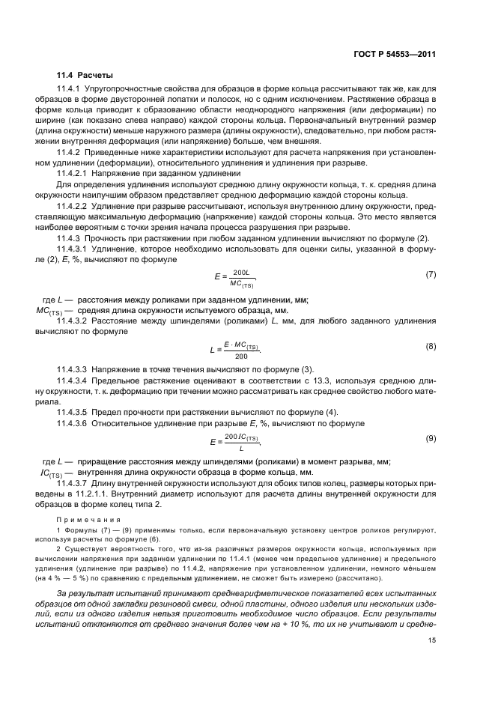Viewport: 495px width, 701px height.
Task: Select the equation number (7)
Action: (431, 274)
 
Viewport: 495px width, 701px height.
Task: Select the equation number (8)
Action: (431, 347)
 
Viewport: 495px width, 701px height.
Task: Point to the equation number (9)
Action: (431, 438)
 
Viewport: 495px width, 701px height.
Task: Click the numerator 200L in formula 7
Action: (241, 273)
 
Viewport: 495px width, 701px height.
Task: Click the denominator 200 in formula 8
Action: (241, 355)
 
